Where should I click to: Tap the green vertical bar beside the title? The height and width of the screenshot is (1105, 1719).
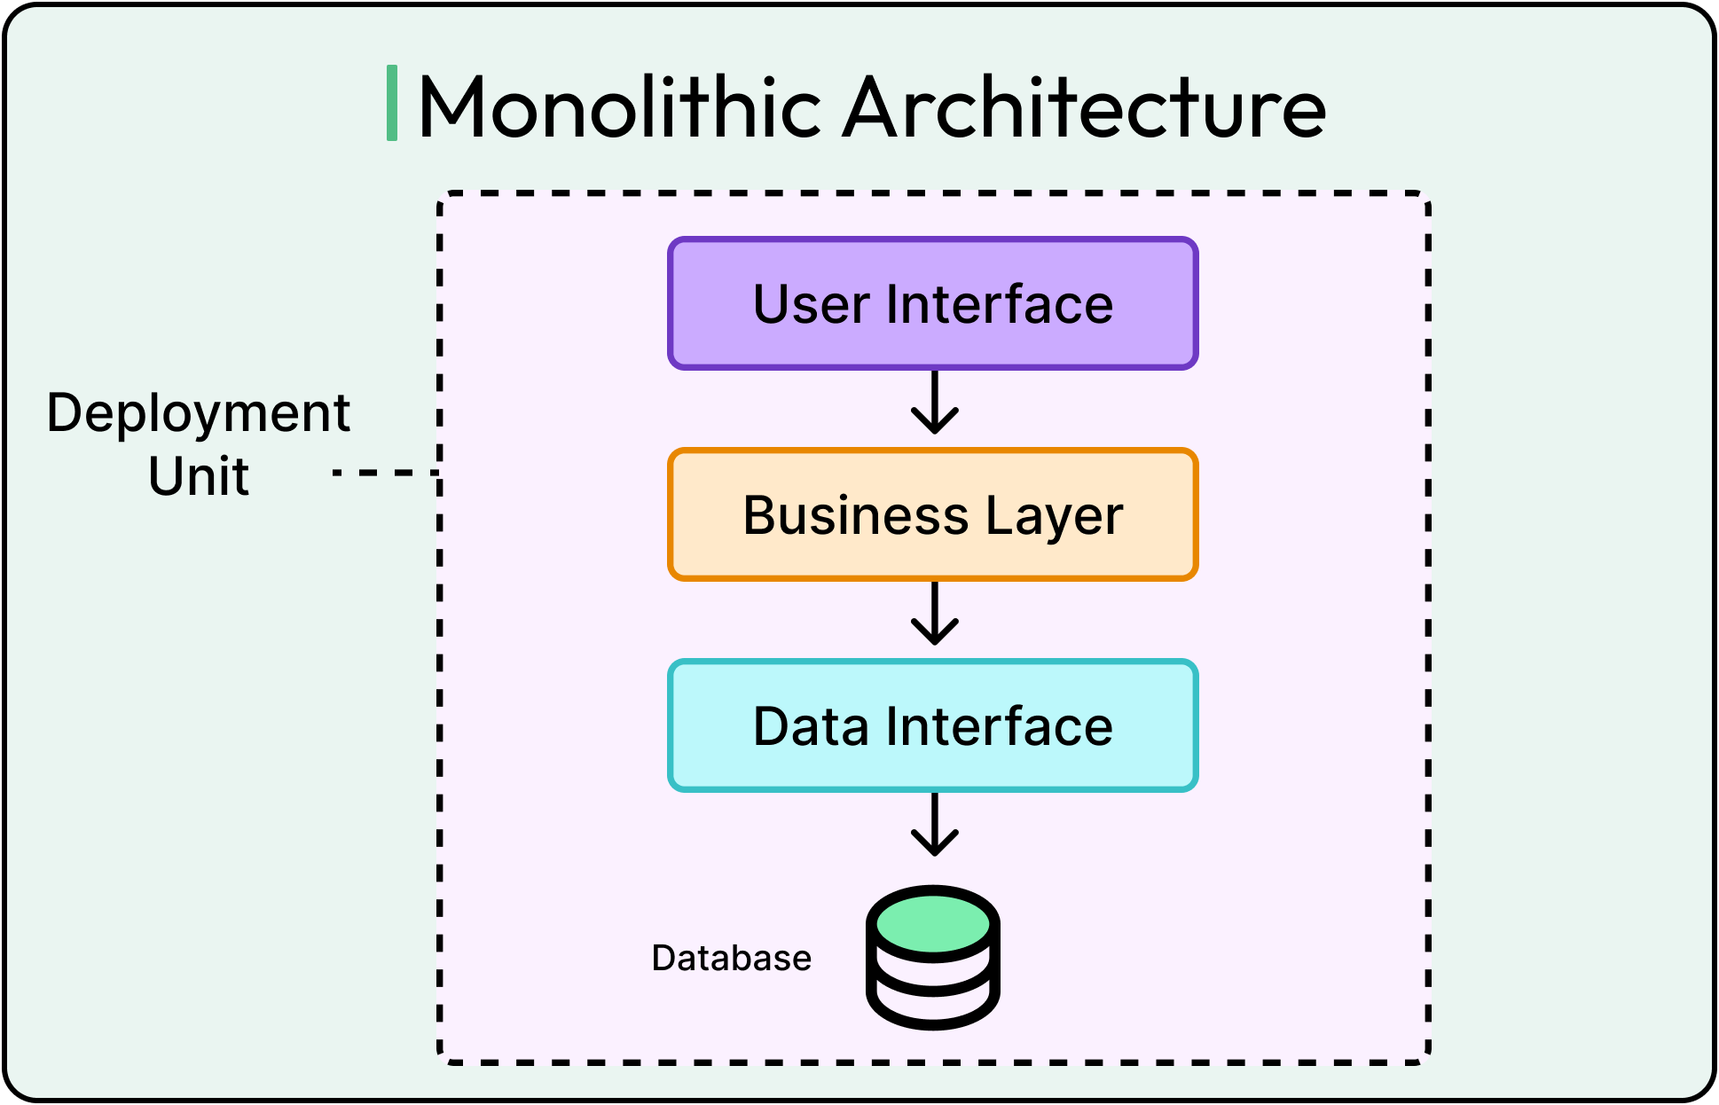pyautogui.click(x=392, y=103)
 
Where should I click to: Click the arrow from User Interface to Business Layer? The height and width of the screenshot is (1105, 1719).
pyautogui.click(x=935, y=403)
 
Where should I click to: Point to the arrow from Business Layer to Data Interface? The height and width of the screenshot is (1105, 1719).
pyautogui.click(x=935, y=614)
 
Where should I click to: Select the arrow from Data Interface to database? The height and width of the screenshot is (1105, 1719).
pyautogui.click(x=935, y=825)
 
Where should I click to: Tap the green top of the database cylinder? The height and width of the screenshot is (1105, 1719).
pyautogui.click(x=933, y=923)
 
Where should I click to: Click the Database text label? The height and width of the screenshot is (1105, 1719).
pyautogui.click(x=731, y=958)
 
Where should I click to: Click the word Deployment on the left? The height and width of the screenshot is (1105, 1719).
pyautogui.click(x=199, y=413)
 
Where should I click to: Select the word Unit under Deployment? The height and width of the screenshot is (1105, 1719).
pyautogui.click(x=199, y=476)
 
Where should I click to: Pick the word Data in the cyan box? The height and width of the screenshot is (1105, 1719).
pyautogui.click(x=811, y=727)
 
